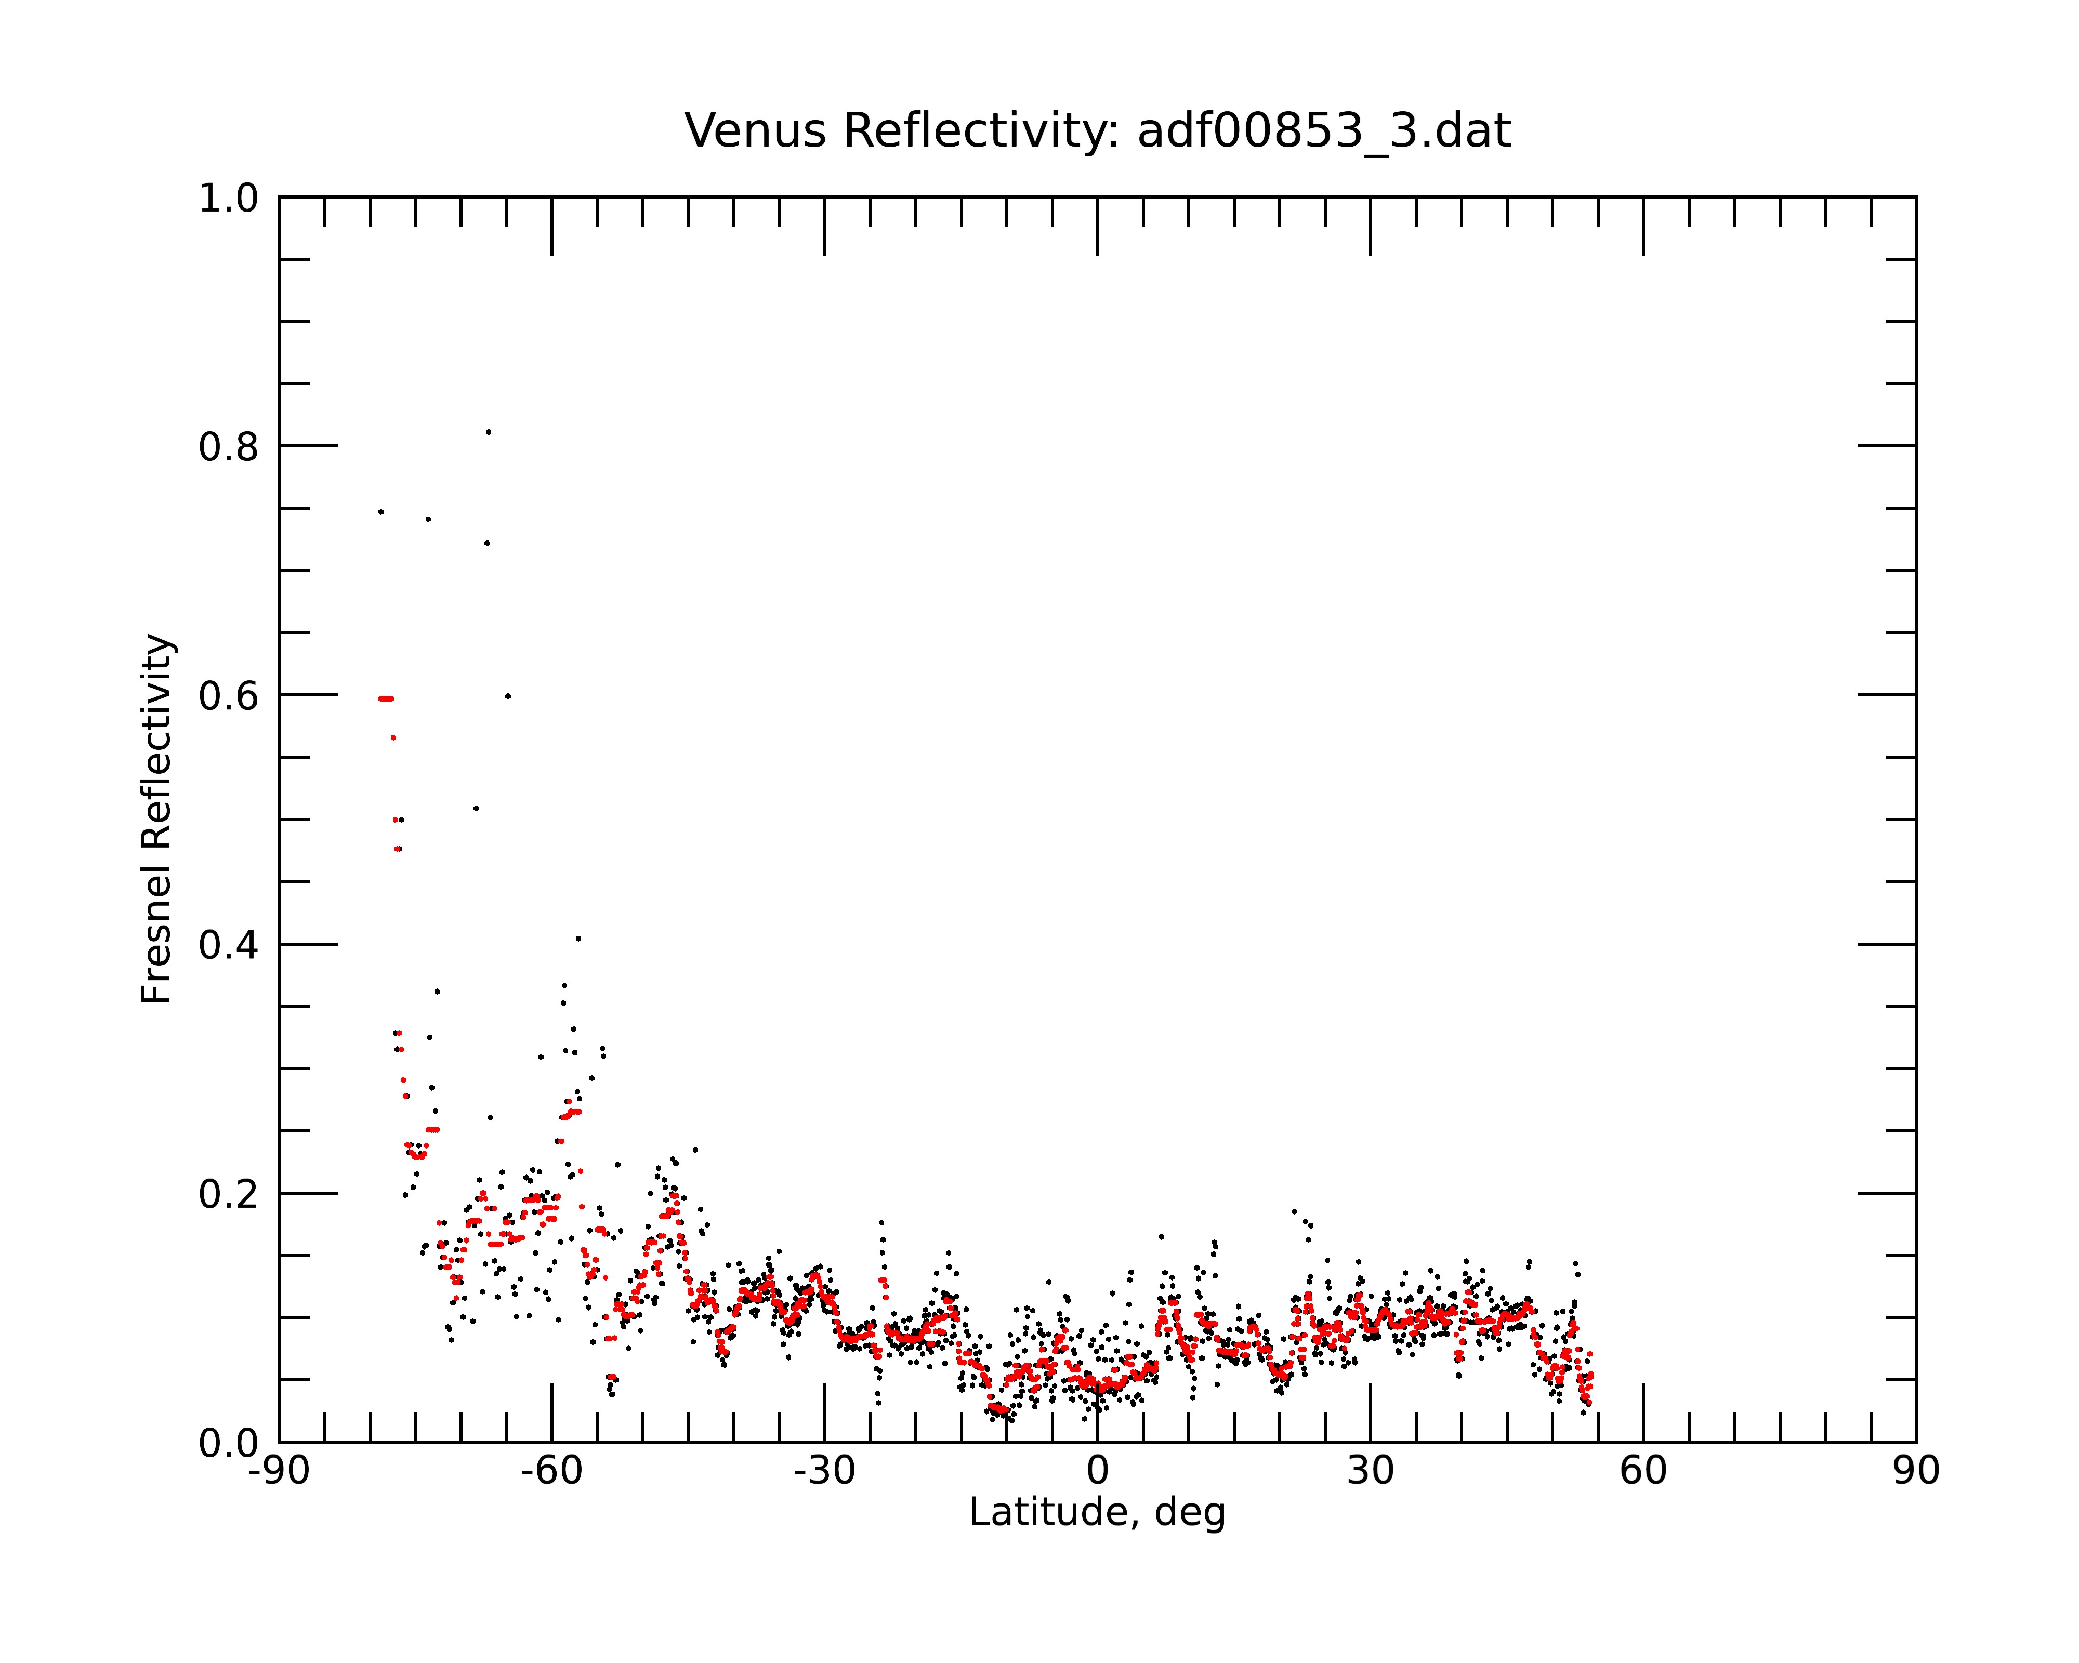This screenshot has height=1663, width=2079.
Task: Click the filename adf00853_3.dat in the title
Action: (x=1324, y=131)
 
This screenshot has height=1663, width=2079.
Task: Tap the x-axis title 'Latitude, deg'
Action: (x=1097, y=1512)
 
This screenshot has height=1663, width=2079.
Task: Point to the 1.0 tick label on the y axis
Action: (x=229, y=199)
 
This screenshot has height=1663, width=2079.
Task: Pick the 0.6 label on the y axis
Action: (x=229, y=696)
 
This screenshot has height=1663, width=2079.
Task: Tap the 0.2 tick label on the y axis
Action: (x=229, y=1194)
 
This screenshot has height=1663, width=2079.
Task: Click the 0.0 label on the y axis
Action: (x=229, y=1443)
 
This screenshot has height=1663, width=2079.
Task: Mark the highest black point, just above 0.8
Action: (x=489, y=432)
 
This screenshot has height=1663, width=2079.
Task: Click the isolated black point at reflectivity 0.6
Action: (x=508, y=696)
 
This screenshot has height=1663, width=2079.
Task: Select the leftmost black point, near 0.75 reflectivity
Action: (x=381, y=512)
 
